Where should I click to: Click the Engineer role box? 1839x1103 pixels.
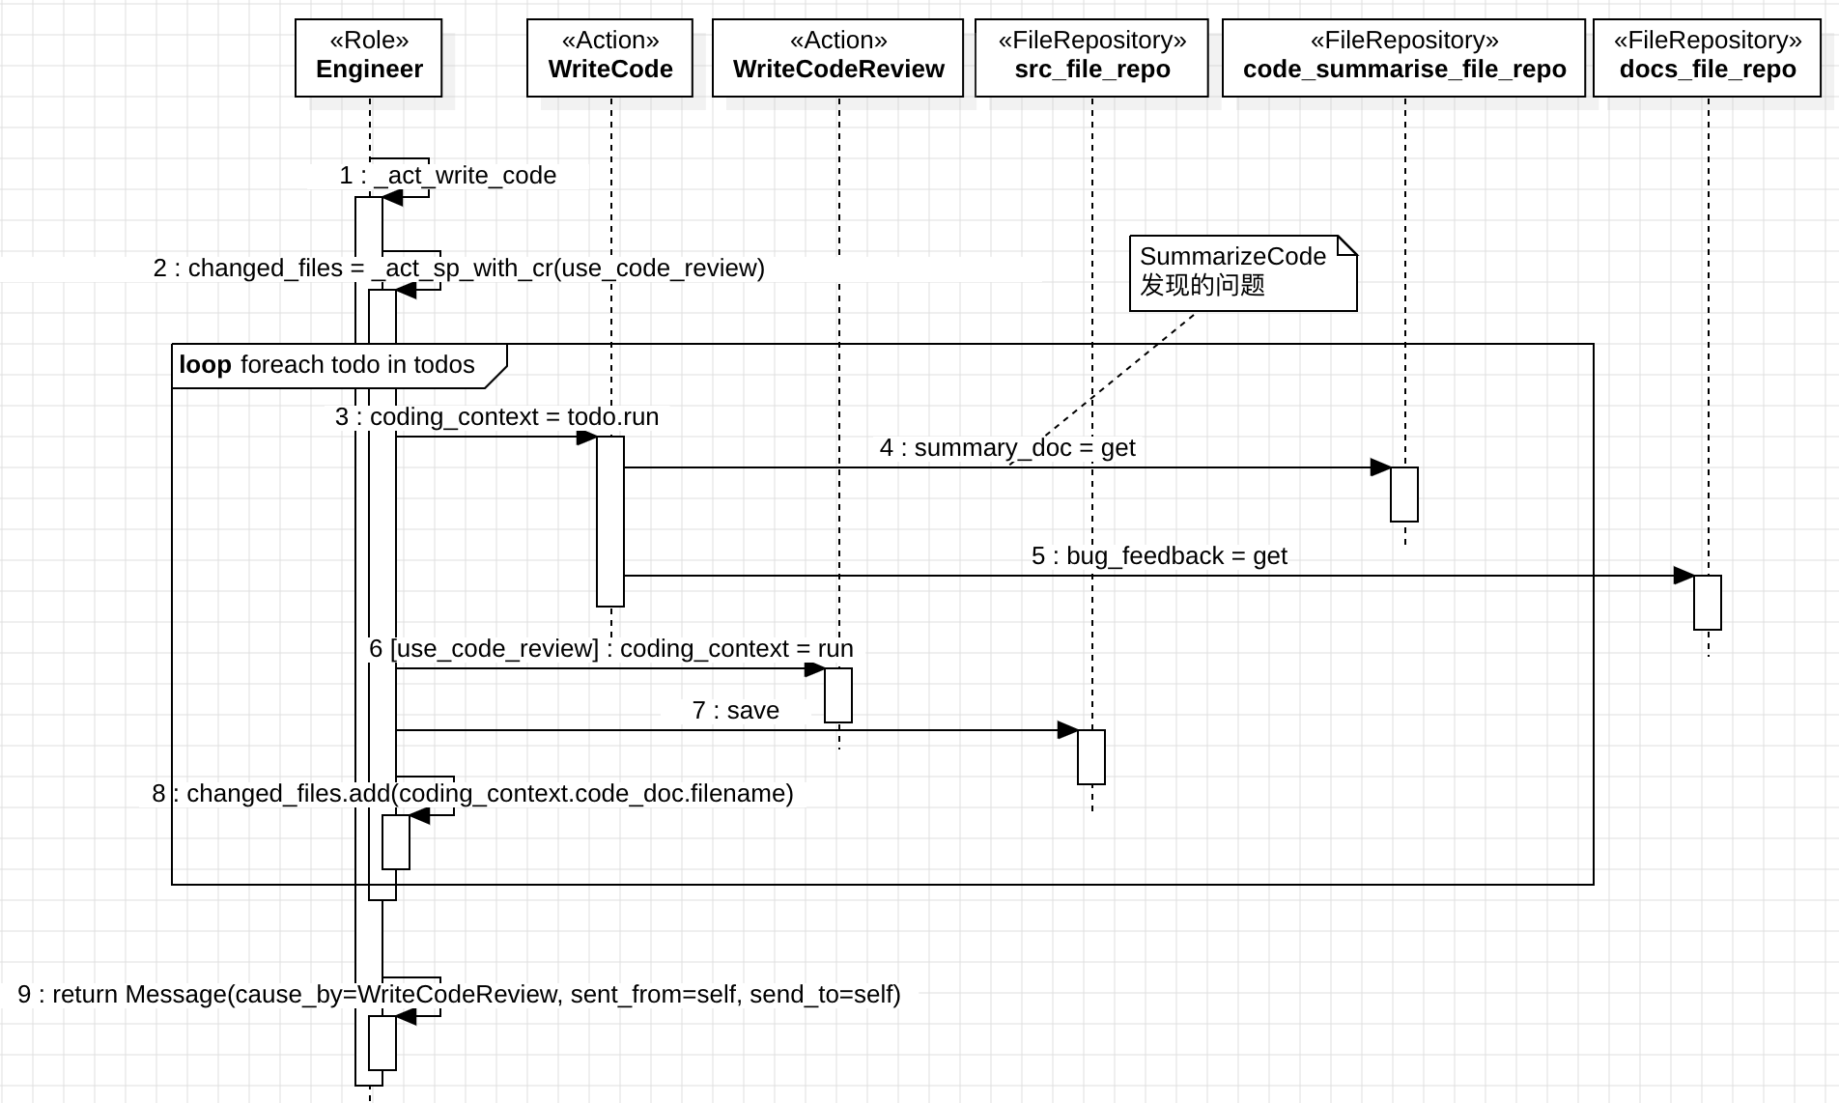(x=368, y=57)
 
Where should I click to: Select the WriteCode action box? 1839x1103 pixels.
(x=609, y=57)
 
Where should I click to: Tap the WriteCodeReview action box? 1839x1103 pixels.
(x=837, y=57)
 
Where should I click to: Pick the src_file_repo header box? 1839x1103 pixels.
(x=1091, y=57)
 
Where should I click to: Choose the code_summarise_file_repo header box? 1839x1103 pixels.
(x=1403, y=57)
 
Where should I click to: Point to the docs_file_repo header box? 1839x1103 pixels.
(x=1707, y=57)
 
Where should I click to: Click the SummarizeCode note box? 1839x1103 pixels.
(x=1242, y=271)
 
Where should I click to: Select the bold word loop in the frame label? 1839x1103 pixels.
(x=205, y=365)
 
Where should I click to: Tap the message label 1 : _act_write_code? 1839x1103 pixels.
(x=448, y=176)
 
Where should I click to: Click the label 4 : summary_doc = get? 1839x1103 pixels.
(x=1007, y=448)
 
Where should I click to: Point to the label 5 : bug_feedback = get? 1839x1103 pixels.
(x=1159, y=556)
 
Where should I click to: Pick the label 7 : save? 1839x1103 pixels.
(x=736, y=711)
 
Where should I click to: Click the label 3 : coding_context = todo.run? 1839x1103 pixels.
(x=496, y=417)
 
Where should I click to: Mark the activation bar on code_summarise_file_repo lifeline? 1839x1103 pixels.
(x=1404, y=495)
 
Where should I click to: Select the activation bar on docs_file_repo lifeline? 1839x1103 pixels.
(x=1708, y=603)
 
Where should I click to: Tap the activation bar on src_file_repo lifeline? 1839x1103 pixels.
(x=1091, y=757)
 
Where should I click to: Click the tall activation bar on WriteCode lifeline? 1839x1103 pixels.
(x=610, y=522)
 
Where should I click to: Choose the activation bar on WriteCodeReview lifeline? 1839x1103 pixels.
(x=838, y=695)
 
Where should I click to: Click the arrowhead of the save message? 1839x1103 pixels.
(x=1068, y=730)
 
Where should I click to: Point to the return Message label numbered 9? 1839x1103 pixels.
(x=459, y=995)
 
